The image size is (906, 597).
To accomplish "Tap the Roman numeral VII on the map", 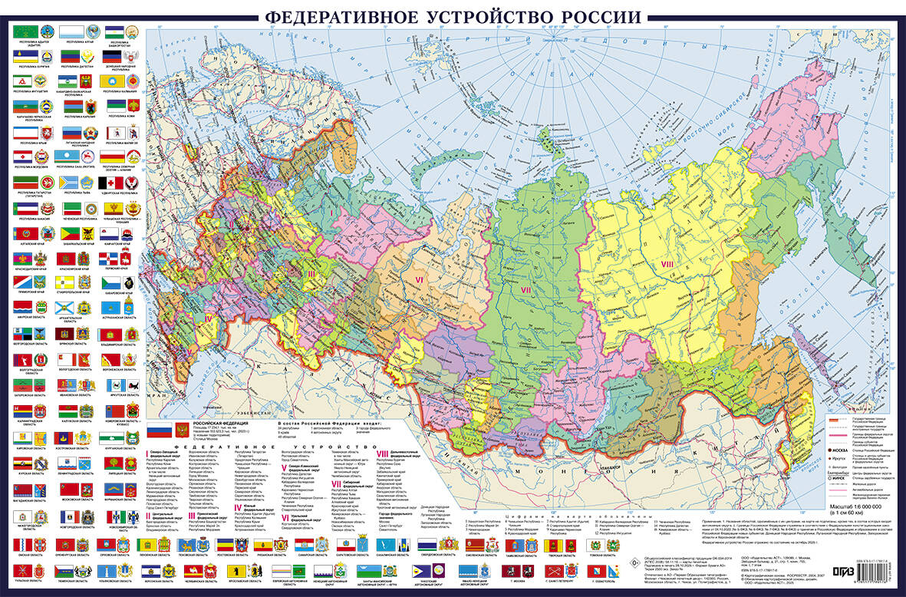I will pos(526,289).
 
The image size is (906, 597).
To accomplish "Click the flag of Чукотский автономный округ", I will pos(424,571).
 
